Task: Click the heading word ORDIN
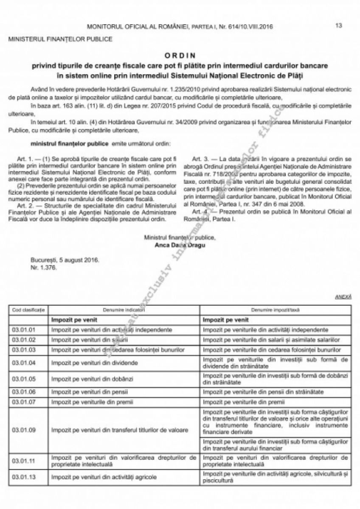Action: click(180, 56)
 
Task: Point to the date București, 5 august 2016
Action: click(66, 260)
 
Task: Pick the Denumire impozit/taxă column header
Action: click(276, 310)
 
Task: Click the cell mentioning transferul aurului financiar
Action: click(276, 445)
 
